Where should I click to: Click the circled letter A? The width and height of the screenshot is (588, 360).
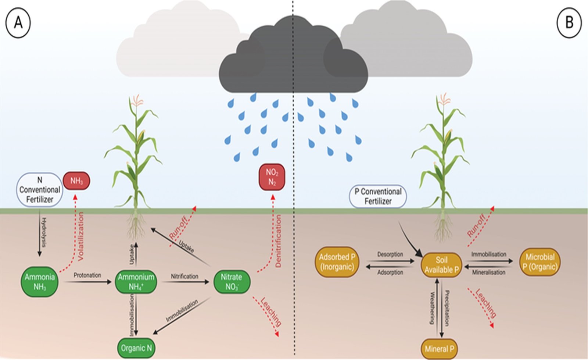(18, 23)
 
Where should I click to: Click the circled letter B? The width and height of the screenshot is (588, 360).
(569, 23)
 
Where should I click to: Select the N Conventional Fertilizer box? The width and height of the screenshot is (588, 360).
(40, 190)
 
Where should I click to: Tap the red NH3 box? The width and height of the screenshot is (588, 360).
(76, 181)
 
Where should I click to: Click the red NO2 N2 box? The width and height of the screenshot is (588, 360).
(272, 177)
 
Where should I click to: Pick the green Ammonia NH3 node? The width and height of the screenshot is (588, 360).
(40, 282)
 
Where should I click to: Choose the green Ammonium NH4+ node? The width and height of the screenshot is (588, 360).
(136, 282)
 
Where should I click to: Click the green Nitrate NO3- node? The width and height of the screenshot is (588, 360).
(232, 282)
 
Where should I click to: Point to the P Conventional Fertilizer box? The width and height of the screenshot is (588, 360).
(378, 196)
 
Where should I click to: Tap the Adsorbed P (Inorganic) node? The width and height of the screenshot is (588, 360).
(337, 262)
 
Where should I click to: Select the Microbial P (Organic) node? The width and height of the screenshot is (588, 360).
(540, 262)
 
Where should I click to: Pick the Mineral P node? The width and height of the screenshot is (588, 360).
(439, 349)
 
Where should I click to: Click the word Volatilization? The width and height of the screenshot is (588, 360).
(81, 236)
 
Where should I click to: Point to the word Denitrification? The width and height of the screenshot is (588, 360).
(278, 241)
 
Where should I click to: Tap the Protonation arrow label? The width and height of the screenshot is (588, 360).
(87, 275)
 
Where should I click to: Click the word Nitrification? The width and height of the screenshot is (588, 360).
(184, 276)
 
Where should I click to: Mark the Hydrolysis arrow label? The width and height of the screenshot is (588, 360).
(44, 232)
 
